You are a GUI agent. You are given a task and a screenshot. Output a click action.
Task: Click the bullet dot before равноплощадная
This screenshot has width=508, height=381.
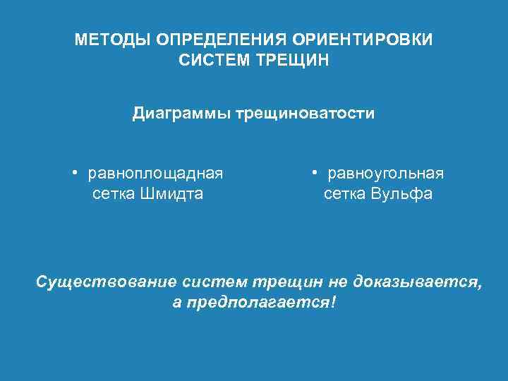[74, 174]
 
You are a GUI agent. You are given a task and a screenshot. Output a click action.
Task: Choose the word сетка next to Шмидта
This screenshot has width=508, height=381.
[114, 193]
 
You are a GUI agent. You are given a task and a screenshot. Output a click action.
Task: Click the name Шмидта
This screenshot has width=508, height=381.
[172, 193]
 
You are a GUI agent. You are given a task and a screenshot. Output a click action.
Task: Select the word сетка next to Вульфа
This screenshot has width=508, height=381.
[344, 193]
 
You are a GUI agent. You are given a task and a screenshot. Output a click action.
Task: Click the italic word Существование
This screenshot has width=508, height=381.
[107, 282]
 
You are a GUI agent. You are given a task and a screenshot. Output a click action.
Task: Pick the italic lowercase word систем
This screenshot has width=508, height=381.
[214, 282]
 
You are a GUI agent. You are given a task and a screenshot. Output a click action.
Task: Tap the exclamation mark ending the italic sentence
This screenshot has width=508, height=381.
[333, 303]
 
